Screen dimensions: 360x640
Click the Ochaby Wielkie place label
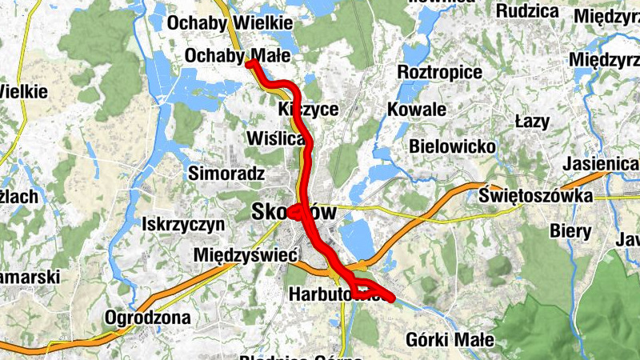pyautogui.click(x=229, y=23)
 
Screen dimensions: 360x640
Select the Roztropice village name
pyautogui.click(x=440, y=73)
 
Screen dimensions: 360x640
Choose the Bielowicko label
pyautogui.click(x=452, y=147)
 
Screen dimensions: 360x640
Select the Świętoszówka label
pyautogui.click(x=536, y=196)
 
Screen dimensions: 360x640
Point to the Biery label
pyautogui.click(x=570, y=231)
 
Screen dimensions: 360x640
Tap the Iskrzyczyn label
pyautogui.click(x=183, y=225)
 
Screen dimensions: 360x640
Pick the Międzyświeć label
pyautogui.click(x=246, y=255)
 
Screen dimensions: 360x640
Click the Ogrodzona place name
pyautogui.click(x=148, y=318)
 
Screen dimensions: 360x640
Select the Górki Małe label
pyautogui.click(x=450, y=339)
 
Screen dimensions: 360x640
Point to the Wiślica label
pyautogui.click(x=277, y=139)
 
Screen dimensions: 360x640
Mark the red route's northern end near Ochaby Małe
pyautogui.click(x=250, y=63)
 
